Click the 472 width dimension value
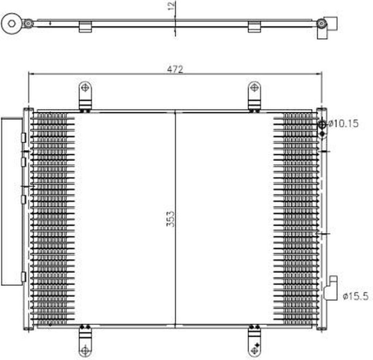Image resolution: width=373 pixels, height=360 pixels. pyautogui.click(x=175, y=69)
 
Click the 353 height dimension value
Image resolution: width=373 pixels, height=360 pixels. pyautogui.click(x=170, y=219)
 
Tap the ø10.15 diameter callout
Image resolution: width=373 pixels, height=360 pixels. pyautogui.click(x=343, y=123)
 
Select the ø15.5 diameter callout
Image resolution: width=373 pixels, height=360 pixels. pyautogui.click(x=356, y=296)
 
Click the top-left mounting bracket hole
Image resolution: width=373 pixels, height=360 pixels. pyautogui.click(x=85, y=88)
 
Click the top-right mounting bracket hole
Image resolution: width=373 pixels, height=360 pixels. pyautogui.click(x=254, y=88)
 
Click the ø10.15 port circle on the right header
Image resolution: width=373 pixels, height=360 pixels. pyautogui.click(x=322, y=124)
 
